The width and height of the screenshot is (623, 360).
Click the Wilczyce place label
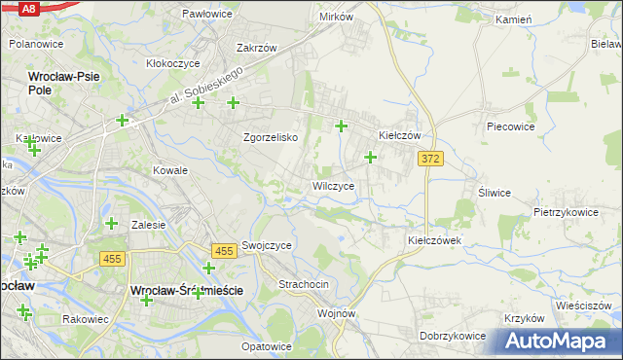(340, 186)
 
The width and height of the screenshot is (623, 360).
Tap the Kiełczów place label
(399, 136)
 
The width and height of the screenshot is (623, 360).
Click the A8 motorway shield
(29, 8)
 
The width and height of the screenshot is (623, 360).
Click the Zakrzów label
(257, 48)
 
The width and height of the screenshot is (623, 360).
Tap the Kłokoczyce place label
(172, 63)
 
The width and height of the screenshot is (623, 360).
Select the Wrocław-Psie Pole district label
(62, 82)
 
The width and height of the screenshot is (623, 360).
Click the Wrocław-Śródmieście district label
(185, 291)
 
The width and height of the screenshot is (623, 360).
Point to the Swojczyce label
(267, 246)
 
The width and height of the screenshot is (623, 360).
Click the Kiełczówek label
(434, 239)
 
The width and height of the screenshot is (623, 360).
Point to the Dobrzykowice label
(454, 336)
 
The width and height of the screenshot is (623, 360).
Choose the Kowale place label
(169, 170)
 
